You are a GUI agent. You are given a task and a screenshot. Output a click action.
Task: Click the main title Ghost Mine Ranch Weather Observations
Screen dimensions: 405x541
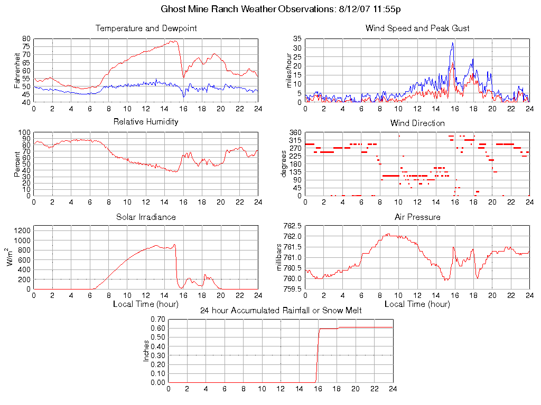pyautogui.click(x=270, y=9)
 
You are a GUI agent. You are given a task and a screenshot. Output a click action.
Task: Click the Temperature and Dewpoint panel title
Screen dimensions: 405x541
pyautogui.click(x=146, y=28)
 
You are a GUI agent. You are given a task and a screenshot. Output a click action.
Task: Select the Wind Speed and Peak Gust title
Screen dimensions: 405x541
pyautogui.click(x=417, y=28)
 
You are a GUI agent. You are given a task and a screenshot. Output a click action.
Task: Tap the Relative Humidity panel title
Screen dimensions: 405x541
pyautogui.click(x=146, y=122)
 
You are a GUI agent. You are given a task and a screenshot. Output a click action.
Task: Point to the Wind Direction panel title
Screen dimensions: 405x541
pyautogui.click(x=417, y=123)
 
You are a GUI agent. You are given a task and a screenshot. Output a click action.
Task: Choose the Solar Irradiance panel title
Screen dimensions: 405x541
pyautogui.click(x=146, y=217)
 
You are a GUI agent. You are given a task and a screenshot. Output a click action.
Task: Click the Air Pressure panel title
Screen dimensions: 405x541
pyautogui.click(x=417, y=217)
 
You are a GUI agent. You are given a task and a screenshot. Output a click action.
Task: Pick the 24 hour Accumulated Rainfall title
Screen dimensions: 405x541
pyautogui.click(x=281, y=311)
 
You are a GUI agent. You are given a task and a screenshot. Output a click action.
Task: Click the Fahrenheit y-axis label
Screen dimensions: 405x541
pyautogui.click(x=17, y=70)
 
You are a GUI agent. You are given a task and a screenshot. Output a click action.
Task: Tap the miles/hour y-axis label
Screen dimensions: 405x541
pyautogui.click(x=288, y=70)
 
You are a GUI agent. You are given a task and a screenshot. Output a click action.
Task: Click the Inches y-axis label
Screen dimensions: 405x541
pyautogui.click(x=146, y=351)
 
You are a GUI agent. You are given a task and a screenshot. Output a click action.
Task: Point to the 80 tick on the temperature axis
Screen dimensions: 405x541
pyautogui.click(x=26, y=39)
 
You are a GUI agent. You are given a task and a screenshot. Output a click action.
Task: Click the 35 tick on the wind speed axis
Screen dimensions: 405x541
pyautogui.click(x=297, y=39)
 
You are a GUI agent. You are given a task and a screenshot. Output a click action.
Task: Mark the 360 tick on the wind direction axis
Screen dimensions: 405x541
pyautogui.click(x=295, y=132)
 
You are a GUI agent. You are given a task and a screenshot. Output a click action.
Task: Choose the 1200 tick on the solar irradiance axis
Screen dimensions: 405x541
pyautogui.click(x=23, y=230)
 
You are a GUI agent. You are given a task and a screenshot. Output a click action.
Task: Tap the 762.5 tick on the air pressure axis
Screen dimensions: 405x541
pyautogui.click(x=293, y=226)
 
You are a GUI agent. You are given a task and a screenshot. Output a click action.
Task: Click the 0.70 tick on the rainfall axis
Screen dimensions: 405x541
pyautogui.click(x=158, y=319)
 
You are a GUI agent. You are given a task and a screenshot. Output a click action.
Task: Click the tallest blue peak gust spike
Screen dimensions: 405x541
pyautogui.click(x=453, y=43)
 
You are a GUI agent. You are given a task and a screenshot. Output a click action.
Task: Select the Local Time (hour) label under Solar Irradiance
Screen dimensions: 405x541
pyautogui.click(x=146, y=304)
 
